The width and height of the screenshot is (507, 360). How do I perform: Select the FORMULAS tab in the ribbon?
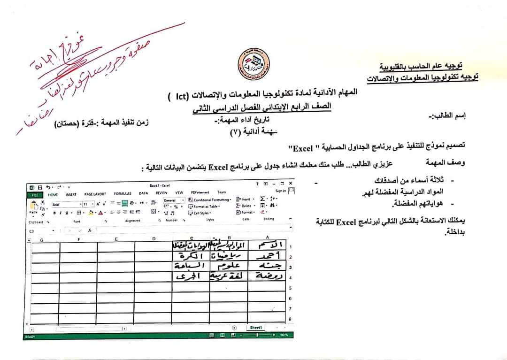(x=123, y=193)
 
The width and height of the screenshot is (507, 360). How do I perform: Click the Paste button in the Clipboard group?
(x=33, y=207)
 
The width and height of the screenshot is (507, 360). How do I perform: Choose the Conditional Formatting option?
(x=210, y=199)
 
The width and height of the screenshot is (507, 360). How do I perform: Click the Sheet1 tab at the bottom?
(x=256, y=328)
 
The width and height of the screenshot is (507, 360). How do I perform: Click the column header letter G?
(x=42, y=239)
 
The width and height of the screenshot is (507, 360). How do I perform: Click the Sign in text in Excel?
(x=281, y=191)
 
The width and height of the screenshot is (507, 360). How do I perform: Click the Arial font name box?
(x=67, y=204)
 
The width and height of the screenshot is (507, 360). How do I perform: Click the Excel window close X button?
(x=291, y=183)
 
